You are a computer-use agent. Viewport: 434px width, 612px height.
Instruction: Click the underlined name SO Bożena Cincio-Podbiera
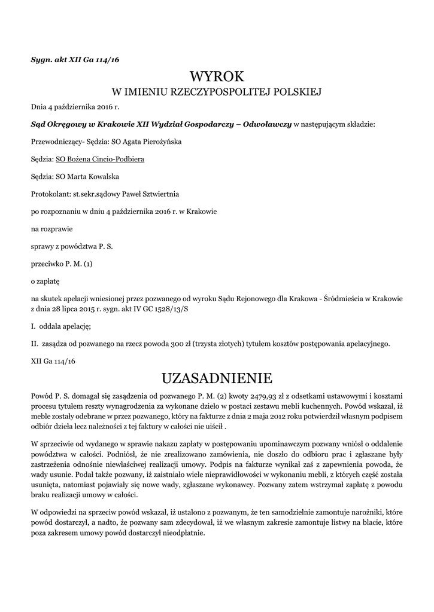100,160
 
